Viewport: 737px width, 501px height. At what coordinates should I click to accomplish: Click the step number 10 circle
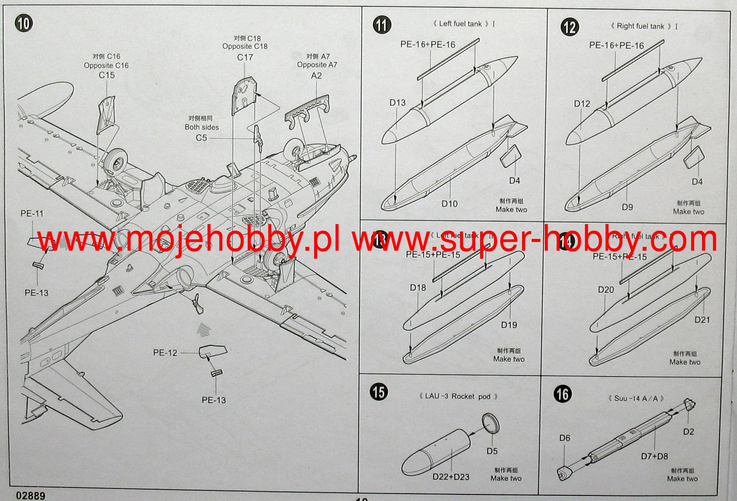(23, 23)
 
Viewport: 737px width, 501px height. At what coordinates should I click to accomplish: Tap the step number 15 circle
(379, 391)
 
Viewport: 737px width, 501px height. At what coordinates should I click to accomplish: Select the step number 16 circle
(562, 394)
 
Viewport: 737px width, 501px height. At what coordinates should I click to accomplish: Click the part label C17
(245, 57)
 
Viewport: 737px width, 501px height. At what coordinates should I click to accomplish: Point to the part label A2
(316, 76)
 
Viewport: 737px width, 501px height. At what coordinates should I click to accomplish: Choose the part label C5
(201, 138)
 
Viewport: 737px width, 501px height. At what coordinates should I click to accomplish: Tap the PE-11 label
(32, 214)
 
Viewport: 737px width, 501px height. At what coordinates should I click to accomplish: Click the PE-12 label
(165, 352)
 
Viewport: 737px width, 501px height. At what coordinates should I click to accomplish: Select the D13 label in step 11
(398, 103)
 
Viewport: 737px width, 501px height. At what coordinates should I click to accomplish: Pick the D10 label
(449, 204)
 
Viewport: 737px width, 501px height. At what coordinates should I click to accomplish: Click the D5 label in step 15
(492, 451)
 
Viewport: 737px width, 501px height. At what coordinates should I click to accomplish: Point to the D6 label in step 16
(564, 438)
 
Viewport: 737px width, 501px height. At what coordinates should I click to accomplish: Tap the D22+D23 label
(451, 477)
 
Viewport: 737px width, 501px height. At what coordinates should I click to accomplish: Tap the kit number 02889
(30, 496)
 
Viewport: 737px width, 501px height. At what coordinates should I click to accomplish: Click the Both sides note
(201, 127)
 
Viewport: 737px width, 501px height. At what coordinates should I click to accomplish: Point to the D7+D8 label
(654, 456)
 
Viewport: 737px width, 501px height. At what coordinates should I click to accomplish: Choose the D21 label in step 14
(702, 320)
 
